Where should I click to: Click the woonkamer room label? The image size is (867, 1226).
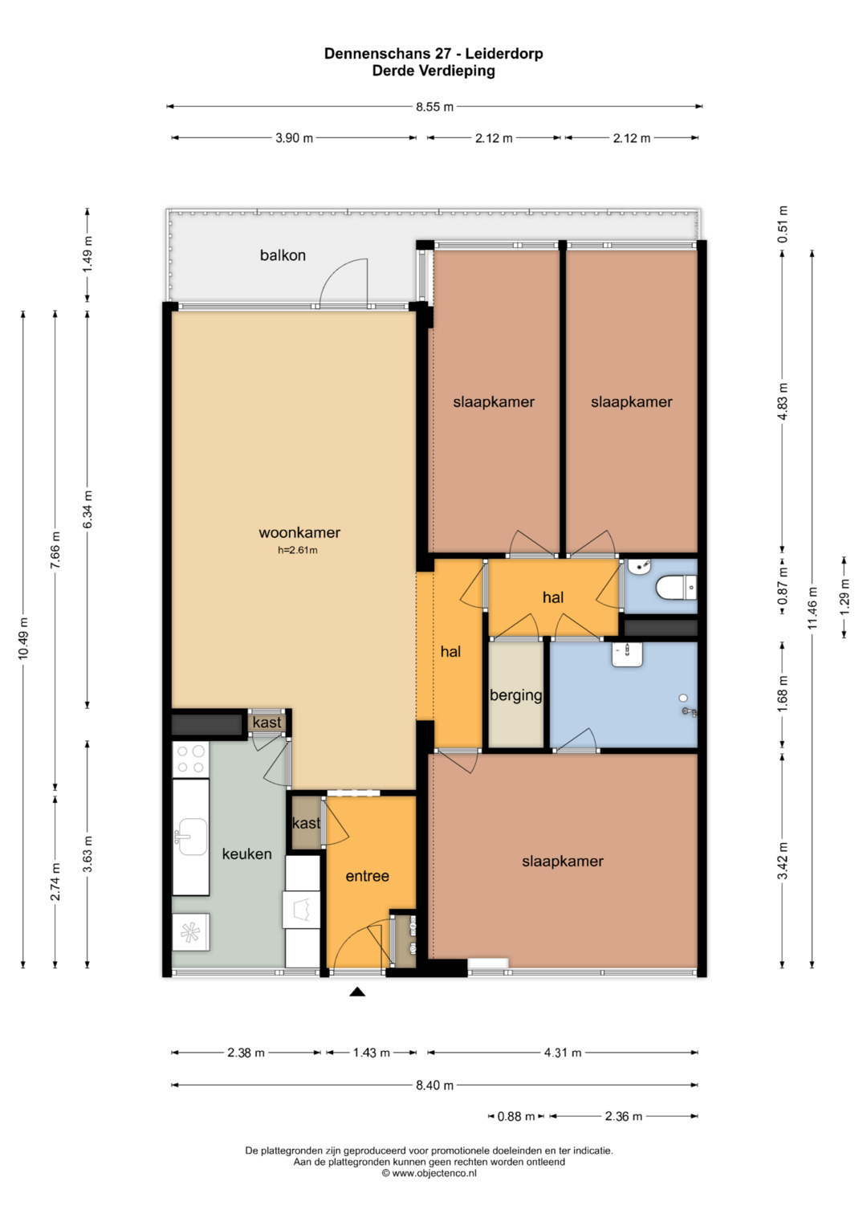(299, 532)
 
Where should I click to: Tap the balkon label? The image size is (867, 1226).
(283, 255)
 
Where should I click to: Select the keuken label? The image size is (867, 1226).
(247, 853)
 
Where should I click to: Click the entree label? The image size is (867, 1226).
(368, 876)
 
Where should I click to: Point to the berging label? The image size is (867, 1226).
(516, 695)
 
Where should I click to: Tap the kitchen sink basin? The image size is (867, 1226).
(193, 837)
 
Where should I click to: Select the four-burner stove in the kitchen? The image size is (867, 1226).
(191, 760)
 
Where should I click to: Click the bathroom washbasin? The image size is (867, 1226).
(627, 654)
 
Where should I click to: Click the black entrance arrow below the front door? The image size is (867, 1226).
(357, 992)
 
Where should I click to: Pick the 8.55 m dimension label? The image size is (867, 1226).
(434, 107)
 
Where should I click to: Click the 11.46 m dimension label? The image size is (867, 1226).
(812, 608)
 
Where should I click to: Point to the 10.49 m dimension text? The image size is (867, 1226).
(23, 637)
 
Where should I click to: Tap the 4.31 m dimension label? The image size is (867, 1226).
(563, 1052)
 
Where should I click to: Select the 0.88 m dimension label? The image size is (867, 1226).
(515, 1116)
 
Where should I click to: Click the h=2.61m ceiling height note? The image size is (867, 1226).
(298, 550)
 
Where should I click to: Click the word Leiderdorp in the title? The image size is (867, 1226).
(504, 54)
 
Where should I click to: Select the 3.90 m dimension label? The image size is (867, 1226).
(294, 138)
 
